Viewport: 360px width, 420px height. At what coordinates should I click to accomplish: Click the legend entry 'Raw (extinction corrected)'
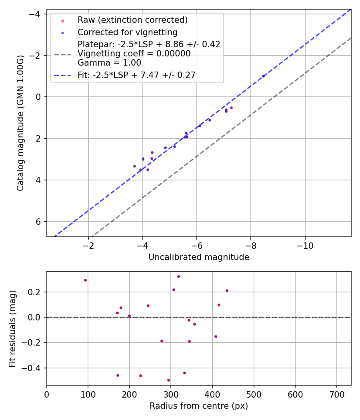coord(132,20)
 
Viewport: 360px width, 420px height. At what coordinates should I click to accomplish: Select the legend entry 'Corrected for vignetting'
coord(127,32)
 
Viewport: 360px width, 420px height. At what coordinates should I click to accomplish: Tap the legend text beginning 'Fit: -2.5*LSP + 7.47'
coord(136,75)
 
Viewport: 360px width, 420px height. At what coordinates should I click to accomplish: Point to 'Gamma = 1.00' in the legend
coord(109,62)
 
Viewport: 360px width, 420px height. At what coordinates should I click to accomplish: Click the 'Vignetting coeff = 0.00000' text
coord(134,54)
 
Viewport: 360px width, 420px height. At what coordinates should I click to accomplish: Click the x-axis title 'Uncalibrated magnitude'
coord(199,257)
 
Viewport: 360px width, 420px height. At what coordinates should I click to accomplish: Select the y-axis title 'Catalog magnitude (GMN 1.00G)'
coord(21,123)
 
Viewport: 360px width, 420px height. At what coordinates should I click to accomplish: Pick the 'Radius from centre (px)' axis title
coord(199,406)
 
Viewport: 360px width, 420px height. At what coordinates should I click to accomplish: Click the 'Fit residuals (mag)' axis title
coord(12,328)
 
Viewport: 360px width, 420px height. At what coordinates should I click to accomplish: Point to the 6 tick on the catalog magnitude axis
coord(39,222)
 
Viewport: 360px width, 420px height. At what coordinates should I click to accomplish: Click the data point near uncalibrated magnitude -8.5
coord(263,76)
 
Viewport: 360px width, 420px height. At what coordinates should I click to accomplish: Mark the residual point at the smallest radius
coord(85,280)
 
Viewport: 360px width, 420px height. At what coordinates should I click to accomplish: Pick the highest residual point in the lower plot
coord(178,276)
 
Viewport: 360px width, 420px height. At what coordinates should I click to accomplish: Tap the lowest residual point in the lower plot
coord(168,380)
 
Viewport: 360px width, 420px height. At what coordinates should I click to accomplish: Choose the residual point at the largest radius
coord(227,290)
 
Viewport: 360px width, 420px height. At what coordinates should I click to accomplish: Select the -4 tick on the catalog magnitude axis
coord(36,14)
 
